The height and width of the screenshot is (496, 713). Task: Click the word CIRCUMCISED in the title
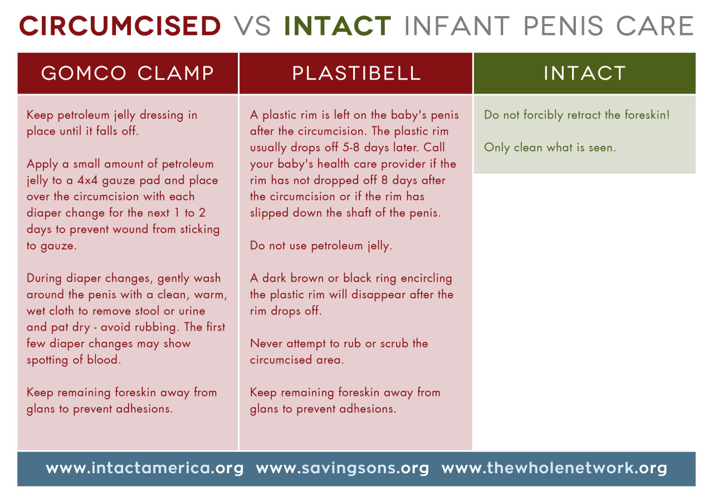120,26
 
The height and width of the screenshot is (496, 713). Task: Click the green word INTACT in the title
338,26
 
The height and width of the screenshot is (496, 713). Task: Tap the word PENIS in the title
563,26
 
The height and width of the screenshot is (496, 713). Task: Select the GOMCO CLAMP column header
128,73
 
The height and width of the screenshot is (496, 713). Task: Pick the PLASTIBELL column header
356,73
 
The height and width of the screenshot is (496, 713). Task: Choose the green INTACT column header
585,73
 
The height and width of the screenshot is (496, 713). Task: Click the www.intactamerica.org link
144,468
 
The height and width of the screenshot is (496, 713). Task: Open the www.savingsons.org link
343,468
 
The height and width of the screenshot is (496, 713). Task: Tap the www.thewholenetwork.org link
554,468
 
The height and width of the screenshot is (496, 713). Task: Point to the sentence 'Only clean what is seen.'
550,148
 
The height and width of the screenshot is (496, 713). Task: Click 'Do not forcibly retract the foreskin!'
577,115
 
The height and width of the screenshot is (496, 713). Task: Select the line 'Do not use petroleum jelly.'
321,245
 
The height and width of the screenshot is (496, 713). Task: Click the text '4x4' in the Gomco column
87,180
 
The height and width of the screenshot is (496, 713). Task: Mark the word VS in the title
252,26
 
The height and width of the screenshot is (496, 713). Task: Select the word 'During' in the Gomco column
44,278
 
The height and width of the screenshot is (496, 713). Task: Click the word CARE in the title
656,26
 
